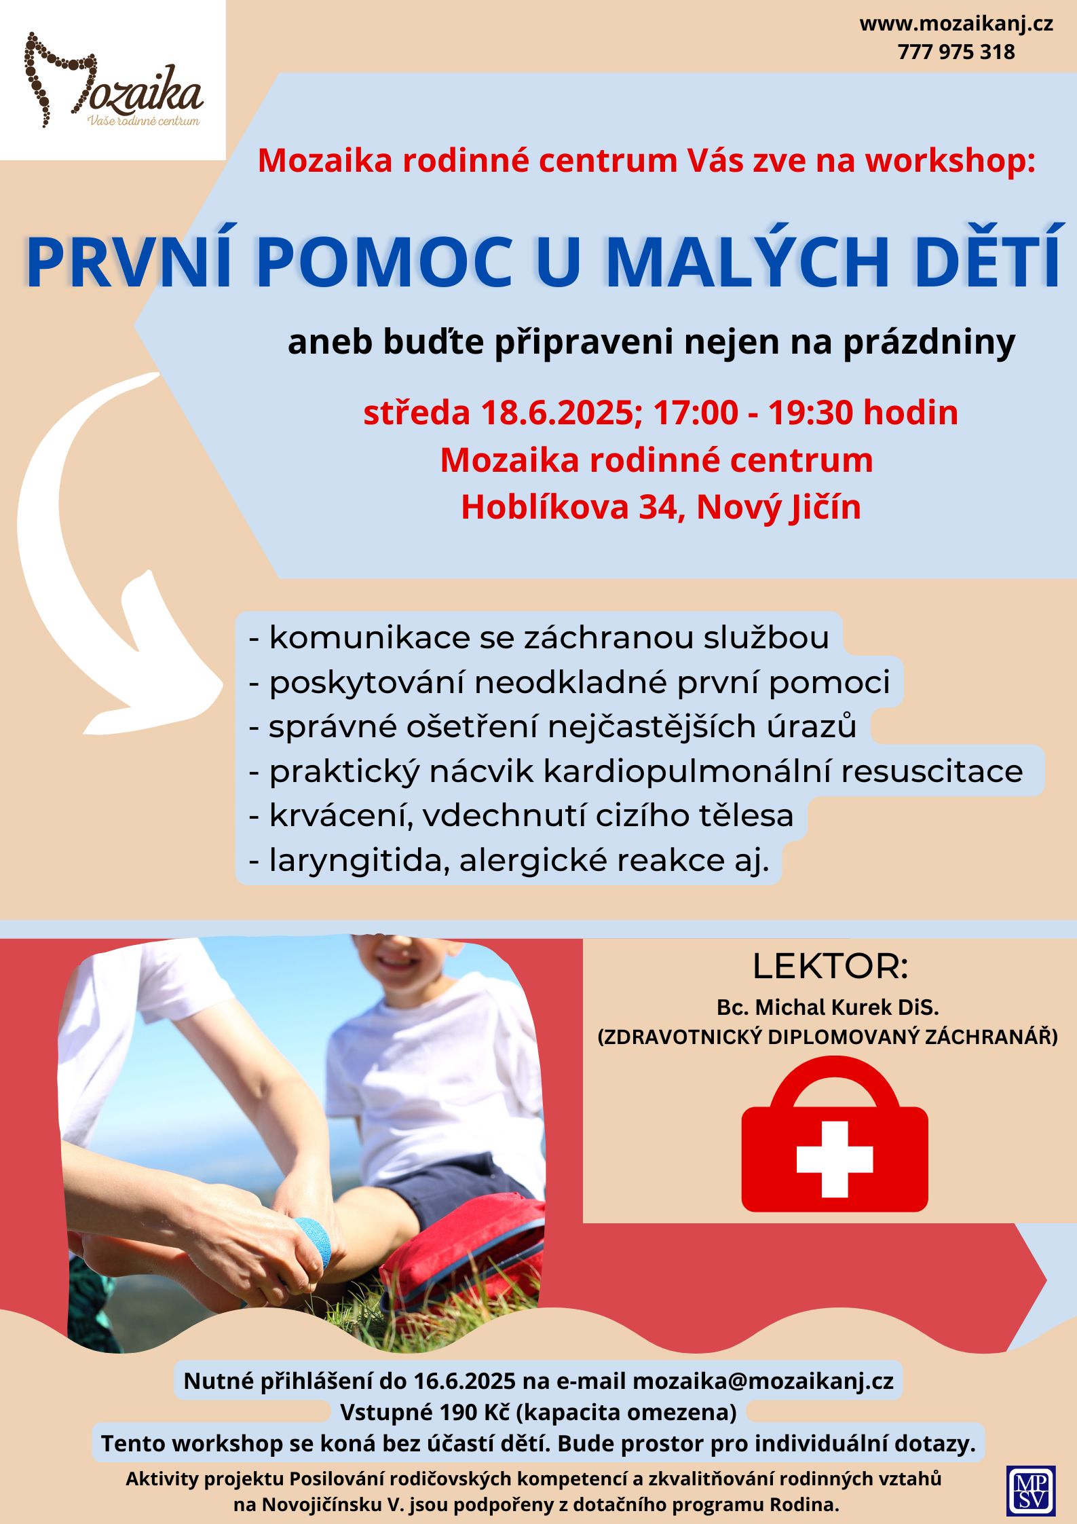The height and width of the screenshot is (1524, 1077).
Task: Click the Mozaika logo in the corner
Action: coord(113,80)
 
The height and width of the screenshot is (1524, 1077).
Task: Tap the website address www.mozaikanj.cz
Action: coord(956,24)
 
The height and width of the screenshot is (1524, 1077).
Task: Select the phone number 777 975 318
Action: coord(956,52)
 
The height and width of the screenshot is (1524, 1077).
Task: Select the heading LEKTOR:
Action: coord(830,967)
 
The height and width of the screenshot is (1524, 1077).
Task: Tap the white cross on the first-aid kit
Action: coord(834,1159)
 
